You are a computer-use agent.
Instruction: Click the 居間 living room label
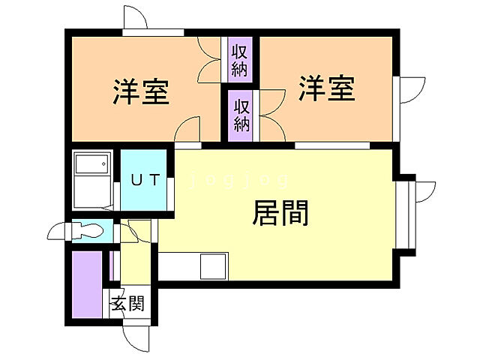[280, 215]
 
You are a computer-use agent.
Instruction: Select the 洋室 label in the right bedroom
[326, 89]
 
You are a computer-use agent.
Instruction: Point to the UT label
[146, 180]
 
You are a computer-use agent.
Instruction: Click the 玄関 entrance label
[128, 304]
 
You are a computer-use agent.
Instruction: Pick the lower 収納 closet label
[241, 114]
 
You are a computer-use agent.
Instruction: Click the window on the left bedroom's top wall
[153, 32]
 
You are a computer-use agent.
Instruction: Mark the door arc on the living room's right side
[424, 190]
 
